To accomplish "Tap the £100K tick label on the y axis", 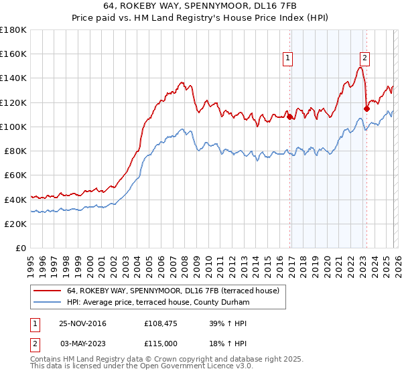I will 13,127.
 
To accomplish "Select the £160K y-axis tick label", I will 13,54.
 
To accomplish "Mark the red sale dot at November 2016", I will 289,117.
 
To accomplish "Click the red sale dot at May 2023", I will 366,108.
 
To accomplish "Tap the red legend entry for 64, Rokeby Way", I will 177,290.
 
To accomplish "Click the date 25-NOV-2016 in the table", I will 82,323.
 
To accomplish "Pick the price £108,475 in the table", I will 162,323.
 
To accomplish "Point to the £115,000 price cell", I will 162,343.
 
